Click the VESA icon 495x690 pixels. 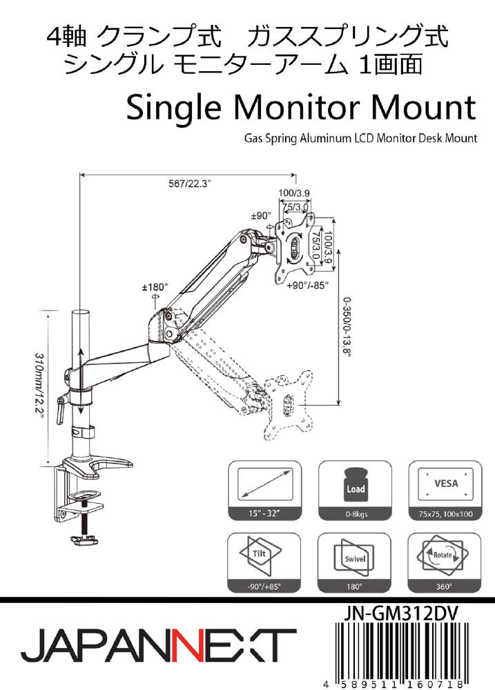coord(445,486)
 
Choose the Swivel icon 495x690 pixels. coord(355,558)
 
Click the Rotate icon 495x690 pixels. coord(444,558)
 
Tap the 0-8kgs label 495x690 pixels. coord(355,515)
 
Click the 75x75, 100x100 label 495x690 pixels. coord(445,515)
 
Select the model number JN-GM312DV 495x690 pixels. coord(400,613)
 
